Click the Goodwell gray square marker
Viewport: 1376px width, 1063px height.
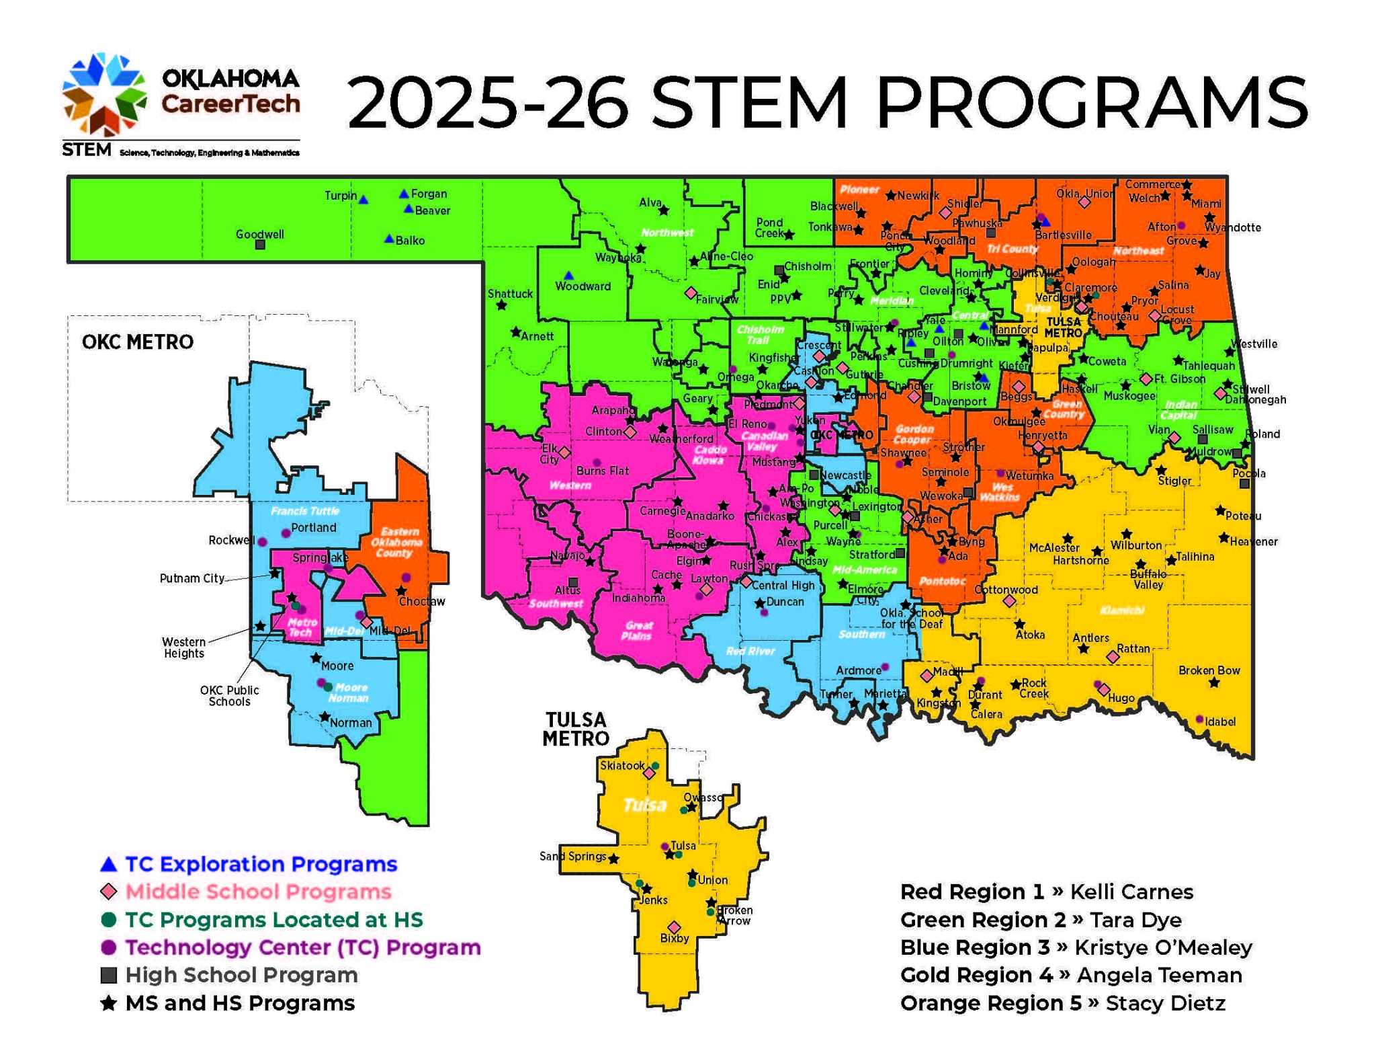click(260, 245)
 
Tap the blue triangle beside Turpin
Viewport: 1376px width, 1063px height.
click(363, 200)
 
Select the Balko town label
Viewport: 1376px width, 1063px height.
click(410, 241)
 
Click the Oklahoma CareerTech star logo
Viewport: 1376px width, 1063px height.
click(104, 94)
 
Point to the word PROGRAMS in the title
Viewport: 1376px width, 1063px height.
click(1092, 103)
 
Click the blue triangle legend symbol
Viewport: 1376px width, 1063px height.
click(109, 864)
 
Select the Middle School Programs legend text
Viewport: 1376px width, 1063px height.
click(258, 892)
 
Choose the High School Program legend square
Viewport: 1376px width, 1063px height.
click(109, 975)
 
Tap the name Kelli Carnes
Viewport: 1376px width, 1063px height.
click(1131, 892)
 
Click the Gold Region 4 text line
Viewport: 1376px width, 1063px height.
click(1071, 975)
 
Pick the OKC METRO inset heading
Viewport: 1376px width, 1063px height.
click(138, 342)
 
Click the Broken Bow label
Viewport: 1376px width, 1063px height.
click(1209, 670)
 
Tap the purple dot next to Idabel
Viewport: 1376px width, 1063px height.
click(1200, 719)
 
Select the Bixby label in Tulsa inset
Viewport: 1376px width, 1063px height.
click(675, 938)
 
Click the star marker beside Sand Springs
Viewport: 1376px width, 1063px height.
click(613, 859)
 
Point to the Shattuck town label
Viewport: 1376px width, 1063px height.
click(510, 294)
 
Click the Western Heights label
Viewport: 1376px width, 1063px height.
click(184, 647)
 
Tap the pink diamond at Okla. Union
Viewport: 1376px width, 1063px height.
click(1084, 202)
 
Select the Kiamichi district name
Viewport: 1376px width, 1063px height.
click(1122, 611)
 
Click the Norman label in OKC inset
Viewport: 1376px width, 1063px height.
click(351, 723)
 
